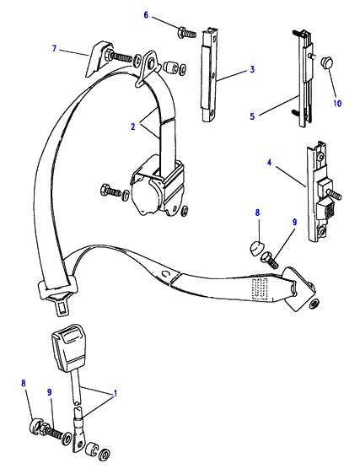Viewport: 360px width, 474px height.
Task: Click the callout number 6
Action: click(147, 14)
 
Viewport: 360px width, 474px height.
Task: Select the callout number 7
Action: click(55, 48)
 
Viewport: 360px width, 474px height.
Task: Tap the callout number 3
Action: click(252, 70)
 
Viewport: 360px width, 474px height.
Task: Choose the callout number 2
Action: click(133, 127)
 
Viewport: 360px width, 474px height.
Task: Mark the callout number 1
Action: click(115, 394)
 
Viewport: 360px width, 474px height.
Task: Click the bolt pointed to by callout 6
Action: click(187, 32)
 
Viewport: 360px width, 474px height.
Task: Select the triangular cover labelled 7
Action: click(96, 59)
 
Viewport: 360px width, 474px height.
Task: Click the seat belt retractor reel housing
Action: click(155, 189)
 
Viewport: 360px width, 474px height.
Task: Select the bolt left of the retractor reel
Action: click(110, 191)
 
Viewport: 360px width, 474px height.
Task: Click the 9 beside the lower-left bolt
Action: click(50, 392)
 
